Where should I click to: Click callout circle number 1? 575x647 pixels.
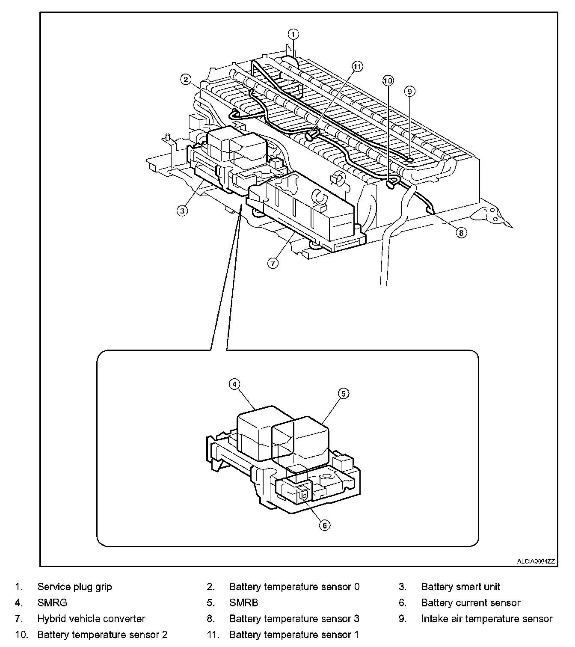pyautogui.click(x=293, y=34)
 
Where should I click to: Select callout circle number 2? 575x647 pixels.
pyautogui.click(x=185, y=79)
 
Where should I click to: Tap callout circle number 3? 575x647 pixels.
pyautogui.click(x=183, y=211)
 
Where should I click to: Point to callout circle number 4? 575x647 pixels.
pyautogui.click(x=234, y=384)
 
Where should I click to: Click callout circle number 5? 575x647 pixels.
pyautogui.click(x=344, y=393)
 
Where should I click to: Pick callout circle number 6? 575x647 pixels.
pyautogui.click(x=325, y=525)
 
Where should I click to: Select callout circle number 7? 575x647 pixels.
pyautogui.click(x=273, y=263)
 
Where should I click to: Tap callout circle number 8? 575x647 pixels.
pyautogui.click(x=461, y=233)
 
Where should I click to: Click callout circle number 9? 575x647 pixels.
pyautogui.click(x=409, y=91)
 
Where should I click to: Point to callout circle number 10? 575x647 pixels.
pyautogui.click(x=388, y=80)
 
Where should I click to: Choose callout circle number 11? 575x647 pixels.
pyautogui.click(x=357, y=66)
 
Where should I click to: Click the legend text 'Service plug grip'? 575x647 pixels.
pyautogui.click(x=74, y=587)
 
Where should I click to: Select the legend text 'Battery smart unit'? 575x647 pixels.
pyautogui.click(x=460, y=587)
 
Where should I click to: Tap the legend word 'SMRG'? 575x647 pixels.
pyautogui.click(x=52, y=603)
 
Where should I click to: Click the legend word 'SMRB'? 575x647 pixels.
pyautogui.click(x=243, y=603)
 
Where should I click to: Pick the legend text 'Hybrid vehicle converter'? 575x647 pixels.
pyautogui.click(x=91, y=619)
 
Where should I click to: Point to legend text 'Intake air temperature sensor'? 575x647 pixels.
pyautogui.click(x=486, y=619)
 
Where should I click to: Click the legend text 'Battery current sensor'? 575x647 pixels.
pyautogui.click(x=471, y=603)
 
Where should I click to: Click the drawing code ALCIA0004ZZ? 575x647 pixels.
pyautogui.click(x=535, y=561)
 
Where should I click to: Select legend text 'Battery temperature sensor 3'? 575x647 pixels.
pyautogui.click(x=294, y=619)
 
